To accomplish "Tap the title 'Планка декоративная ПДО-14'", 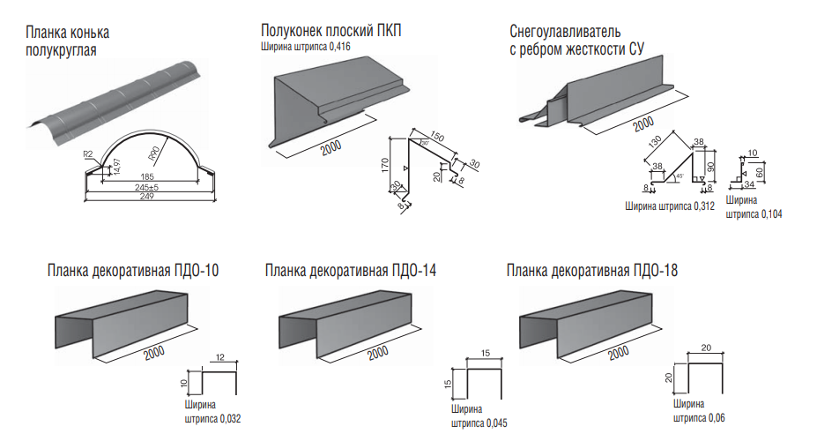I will (350, 270).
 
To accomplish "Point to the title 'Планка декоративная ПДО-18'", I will (593, 270).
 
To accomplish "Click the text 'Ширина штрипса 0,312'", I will (669, 206).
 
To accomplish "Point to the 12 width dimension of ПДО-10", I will (220, 357).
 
